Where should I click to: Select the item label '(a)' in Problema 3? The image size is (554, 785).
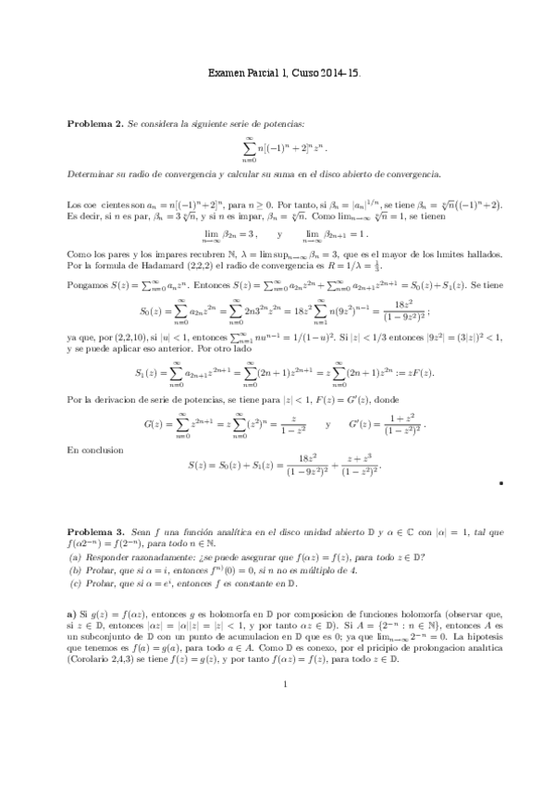coord(76,558)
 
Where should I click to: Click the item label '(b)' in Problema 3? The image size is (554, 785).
coord(76,571)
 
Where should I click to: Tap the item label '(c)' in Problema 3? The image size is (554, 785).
coord(76,584)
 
